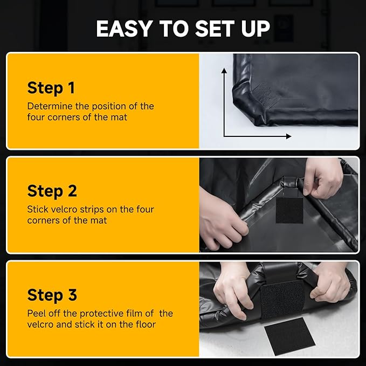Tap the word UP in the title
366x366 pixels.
255,29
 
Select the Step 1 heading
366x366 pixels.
51,88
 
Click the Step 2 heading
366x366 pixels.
52,192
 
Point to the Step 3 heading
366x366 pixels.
52,295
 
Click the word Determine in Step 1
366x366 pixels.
50,106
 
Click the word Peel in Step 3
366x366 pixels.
36,313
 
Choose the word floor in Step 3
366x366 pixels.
144,324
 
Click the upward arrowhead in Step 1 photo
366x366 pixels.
224,70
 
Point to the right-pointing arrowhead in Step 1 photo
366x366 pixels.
289,136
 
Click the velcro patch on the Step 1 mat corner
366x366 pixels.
266,93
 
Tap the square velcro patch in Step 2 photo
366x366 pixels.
289,210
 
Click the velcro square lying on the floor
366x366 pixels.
290,336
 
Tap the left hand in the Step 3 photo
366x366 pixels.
233,289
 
